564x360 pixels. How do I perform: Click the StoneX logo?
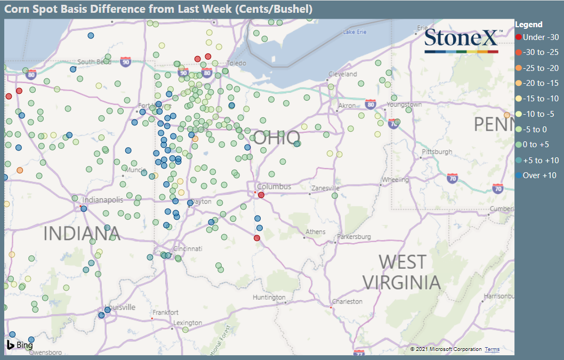pos(461,41)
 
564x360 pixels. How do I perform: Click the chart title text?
pos(159,9)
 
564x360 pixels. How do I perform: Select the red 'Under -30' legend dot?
pos(519,37)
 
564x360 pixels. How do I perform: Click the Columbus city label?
pos(274,187)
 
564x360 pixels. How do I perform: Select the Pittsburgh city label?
pos(436,151)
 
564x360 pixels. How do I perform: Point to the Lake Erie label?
pos(354,33)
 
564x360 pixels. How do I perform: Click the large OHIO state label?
pos(276,138)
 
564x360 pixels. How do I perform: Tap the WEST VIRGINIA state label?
pos(401,272)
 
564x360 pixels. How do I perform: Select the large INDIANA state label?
pos(82,234)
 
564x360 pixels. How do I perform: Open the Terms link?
pos(492,349)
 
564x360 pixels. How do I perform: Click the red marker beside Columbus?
pos(261,195)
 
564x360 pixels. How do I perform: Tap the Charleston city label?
pos(347,302)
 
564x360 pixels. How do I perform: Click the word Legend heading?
pos(529,25)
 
